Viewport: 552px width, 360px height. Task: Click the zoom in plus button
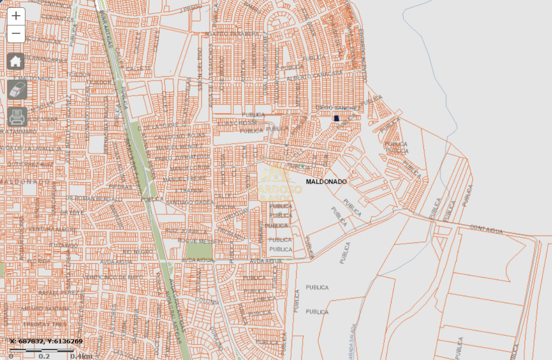click(x=16, y=16)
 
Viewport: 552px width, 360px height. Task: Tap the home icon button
click(x=16, y=61)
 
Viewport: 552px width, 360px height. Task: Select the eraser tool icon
click(x=17, y=89)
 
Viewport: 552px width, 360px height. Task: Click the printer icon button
click(x=17, y=116)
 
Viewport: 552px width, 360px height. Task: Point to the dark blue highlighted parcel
click(x=336, y=118)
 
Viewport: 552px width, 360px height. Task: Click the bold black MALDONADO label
click(x=326, y=182)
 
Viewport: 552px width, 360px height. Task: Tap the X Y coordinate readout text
click(x=46, y=342)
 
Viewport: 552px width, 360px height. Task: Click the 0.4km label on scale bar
click(x=82, y=356)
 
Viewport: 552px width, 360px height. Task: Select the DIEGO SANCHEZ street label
click(x=339, y=108)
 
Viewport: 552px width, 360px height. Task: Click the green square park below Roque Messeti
click(x=199, y=250)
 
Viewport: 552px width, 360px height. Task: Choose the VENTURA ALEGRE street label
click(x=53, y=229)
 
